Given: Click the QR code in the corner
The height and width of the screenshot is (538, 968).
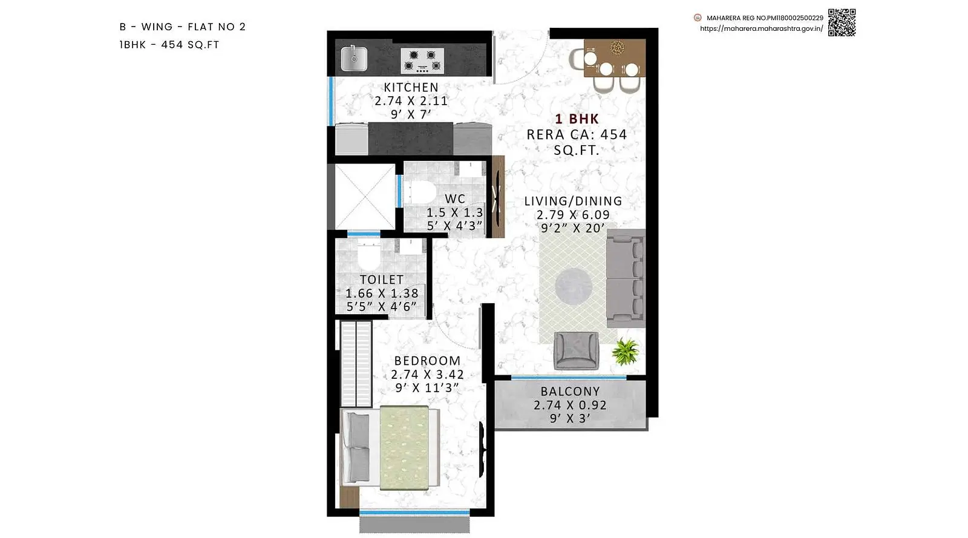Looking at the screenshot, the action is coord(842,22).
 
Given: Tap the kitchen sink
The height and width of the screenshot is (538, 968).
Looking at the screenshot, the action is coord(354,59).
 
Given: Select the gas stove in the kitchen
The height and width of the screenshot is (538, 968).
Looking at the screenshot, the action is coord(422,61).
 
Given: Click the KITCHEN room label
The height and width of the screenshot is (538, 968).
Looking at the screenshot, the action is coord(411,87).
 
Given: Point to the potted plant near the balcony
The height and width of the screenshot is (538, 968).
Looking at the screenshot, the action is coord(625,351).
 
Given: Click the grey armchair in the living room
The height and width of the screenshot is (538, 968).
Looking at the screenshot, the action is coord(576,350).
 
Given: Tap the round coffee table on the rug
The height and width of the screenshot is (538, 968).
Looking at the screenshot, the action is coord(574,286).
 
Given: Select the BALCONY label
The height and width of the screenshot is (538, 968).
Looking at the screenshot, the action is coord(570,392).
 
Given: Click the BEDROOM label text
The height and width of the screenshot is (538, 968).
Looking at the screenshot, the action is coord(427,361).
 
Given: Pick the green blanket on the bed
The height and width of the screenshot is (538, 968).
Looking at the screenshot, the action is coord(405,448).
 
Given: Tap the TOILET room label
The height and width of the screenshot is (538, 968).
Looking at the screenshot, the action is coord(382,280).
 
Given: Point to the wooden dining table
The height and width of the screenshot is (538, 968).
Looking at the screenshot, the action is coord(615,58).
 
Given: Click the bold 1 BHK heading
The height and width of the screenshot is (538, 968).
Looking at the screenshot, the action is coord(577,119).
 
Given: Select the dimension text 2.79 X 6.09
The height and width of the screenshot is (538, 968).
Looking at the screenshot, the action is coord(573,215).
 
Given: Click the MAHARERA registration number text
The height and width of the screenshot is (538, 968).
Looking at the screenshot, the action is coord(765,18).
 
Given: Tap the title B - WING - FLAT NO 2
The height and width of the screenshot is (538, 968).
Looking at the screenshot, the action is coord(182,27).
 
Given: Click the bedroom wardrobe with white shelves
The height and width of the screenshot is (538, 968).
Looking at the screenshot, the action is coord(356,364).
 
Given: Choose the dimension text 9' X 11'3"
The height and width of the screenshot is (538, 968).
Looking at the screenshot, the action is coord(427,388).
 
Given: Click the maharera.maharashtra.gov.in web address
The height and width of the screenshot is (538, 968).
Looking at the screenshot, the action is coord(762,29).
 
